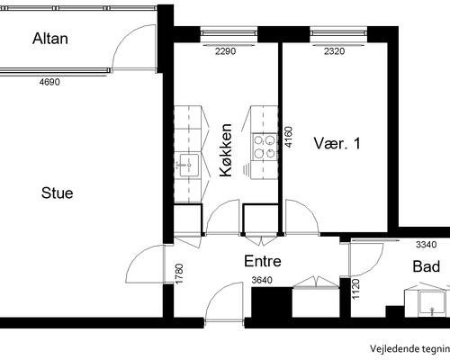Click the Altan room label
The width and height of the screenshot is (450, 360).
click(50, 39)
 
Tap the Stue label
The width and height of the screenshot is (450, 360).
click(58, 193)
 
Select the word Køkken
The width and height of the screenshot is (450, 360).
click(226, 150)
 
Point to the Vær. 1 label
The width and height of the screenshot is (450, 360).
click(337, 143)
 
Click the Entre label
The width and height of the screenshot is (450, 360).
click(263, 261)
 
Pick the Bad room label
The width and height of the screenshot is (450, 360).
click(427, 266)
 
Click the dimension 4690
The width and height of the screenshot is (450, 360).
click(49, 82)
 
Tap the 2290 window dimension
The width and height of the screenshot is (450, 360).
click(226, 51)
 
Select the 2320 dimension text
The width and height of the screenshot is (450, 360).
click(335, 51)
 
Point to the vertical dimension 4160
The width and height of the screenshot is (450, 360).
click(288, 137)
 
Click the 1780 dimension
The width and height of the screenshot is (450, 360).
click(179, 274)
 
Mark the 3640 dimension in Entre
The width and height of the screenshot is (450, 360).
click(262, 280)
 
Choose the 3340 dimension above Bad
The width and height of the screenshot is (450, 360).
click(427, 245)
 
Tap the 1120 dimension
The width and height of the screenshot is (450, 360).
click(355, 289)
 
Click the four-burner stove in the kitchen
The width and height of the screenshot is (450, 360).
click(265, 147)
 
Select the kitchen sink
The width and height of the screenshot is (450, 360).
click(189, 165)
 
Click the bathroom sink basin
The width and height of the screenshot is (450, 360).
click(432, 302)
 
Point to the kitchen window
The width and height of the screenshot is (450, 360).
click(229, 33)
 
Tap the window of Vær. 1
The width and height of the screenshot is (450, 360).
click(338, 33)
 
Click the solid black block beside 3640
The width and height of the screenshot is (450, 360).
click(272, 302)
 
